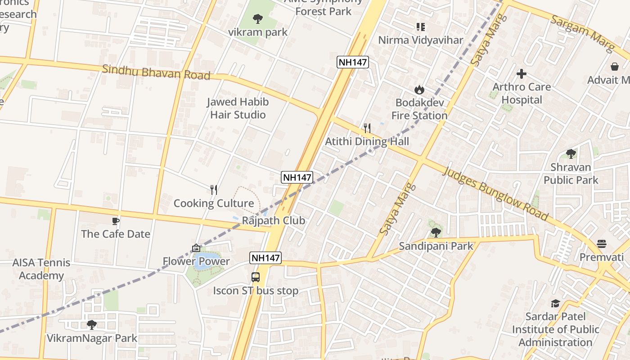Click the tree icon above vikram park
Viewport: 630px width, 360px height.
point(258,19)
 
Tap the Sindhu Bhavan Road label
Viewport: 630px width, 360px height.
point(156,72)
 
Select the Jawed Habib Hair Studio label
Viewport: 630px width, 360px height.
point(238,108)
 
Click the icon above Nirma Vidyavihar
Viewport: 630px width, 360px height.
point(420,27)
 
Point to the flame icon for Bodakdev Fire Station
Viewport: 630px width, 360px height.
point(419,90)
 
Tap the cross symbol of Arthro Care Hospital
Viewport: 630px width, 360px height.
point(522,73)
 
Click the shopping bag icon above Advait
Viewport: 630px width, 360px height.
point(615,67)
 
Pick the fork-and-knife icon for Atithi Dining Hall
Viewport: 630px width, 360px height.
point(367,128)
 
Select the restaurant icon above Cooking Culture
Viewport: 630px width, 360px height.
point(214,190)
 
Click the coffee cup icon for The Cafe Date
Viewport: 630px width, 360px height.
point(116,221)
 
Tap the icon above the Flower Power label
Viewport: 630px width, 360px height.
point(196,248)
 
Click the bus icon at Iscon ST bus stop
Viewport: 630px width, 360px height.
point(256,277)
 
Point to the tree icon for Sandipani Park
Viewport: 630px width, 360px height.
point(436,233)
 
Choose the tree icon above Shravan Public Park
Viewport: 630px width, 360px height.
point(571,154)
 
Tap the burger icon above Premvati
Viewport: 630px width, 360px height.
point(602,244)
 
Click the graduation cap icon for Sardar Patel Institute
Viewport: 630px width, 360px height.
point(555,303)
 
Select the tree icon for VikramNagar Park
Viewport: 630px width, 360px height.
point(92,324)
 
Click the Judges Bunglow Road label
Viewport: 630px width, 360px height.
point(495,193)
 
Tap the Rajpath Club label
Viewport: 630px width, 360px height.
point(274,220)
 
